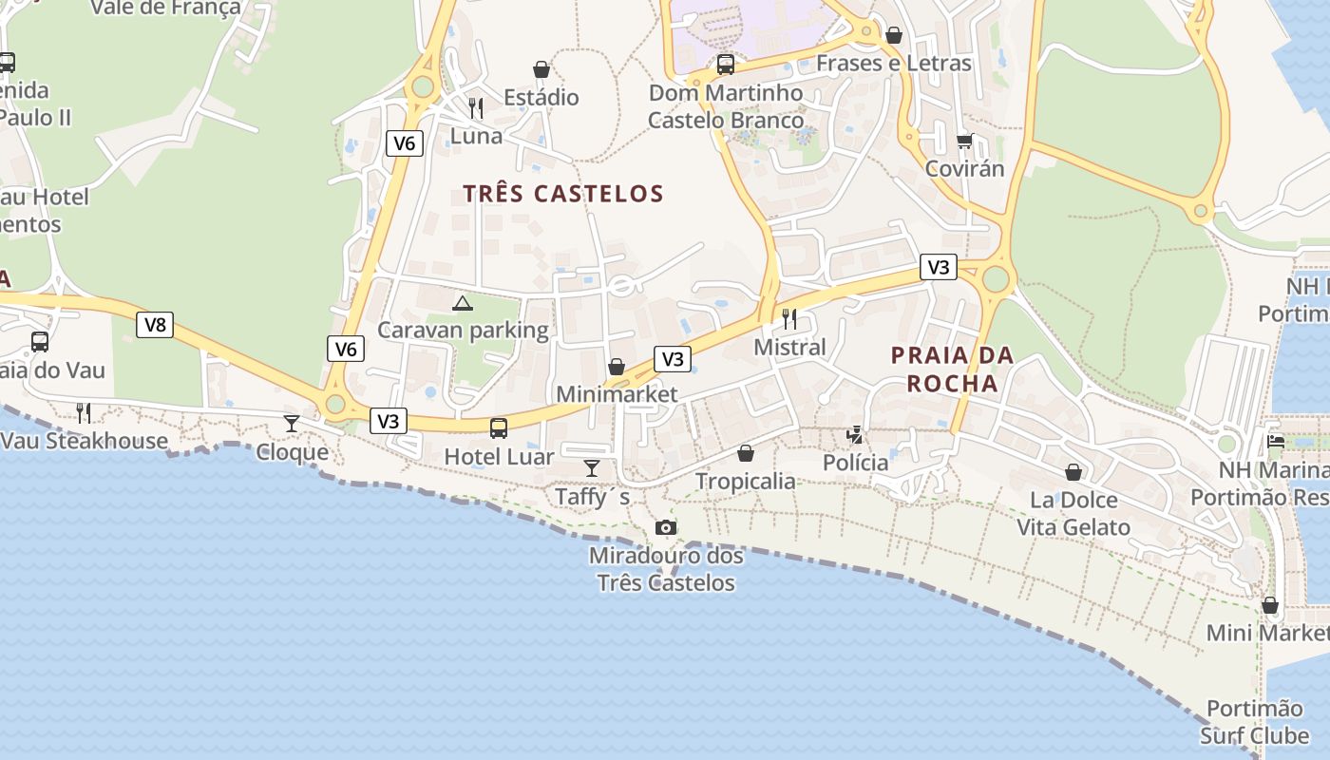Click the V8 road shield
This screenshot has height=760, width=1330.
click(x=155, y=325)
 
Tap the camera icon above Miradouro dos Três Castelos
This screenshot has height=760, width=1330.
click(x=666, y=527)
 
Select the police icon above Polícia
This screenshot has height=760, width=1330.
click(x=855, y=435)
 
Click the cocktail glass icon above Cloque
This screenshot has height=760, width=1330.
click(x=292, y=424)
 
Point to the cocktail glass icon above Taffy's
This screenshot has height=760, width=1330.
click(x=592, y=467)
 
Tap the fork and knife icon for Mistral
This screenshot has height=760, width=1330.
click(x=789, y=318)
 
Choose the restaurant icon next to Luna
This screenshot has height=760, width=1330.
click(x=476, y=108)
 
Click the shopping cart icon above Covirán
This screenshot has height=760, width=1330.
click(x=965, y=141)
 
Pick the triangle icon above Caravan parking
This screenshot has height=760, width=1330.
click(x=463, y=303)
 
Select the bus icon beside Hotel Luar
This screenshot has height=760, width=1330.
click(x=499, y=428)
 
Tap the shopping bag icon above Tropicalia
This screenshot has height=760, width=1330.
click(x=746, y=453)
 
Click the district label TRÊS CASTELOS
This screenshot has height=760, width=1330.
click(x=563, y=194)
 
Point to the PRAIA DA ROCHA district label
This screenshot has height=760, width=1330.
click(x=952, y=370)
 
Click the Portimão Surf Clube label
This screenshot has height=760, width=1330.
click(x=1254, y=722)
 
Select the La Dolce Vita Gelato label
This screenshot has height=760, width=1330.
click(x=1073, y=514)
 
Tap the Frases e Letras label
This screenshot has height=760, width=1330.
click(x=894, y=64)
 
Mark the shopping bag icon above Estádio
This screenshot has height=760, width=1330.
click(x=541, y=69)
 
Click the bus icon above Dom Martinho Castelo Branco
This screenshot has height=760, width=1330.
click(x=726, y=65)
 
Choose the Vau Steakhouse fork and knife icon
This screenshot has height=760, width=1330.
click(x=84, y=412)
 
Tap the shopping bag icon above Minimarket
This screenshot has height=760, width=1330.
click(x=617, y=367)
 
